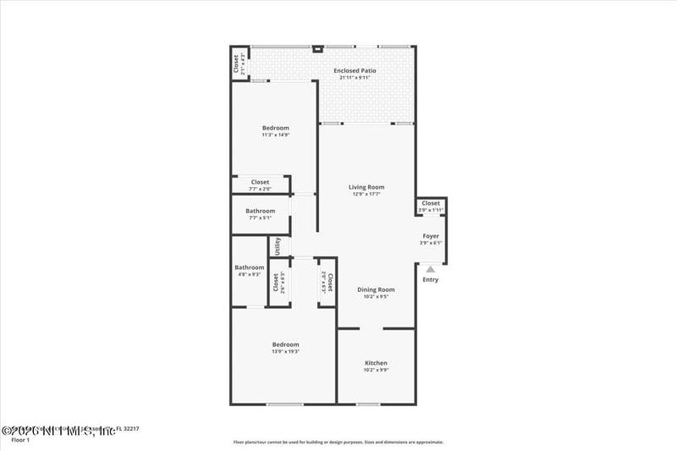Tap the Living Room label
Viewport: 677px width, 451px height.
coord(366,187)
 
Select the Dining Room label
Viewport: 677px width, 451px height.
coord(376,289)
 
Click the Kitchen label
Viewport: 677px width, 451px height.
coord(376,363)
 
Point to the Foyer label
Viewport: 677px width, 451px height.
coord(431,236)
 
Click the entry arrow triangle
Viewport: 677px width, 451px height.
coord(430,270)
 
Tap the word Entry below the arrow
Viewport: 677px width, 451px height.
coord(431,280)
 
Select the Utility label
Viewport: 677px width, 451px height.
coord(278,246)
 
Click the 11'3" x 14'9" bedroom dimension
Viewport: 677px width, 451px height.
coord(275,135)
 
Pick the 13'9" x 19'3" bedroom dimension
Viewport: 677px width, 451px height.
coord(285,351)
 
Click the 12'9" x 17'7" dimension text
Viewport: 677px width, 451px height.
coord(366,194)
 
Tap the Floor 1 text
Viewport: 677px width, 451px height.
coord(20,439)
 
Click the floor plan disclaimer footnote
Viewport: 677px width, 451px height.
coord(338,442)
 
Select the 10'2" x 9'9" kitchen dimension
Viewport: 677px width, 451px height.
coord(376,370)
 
